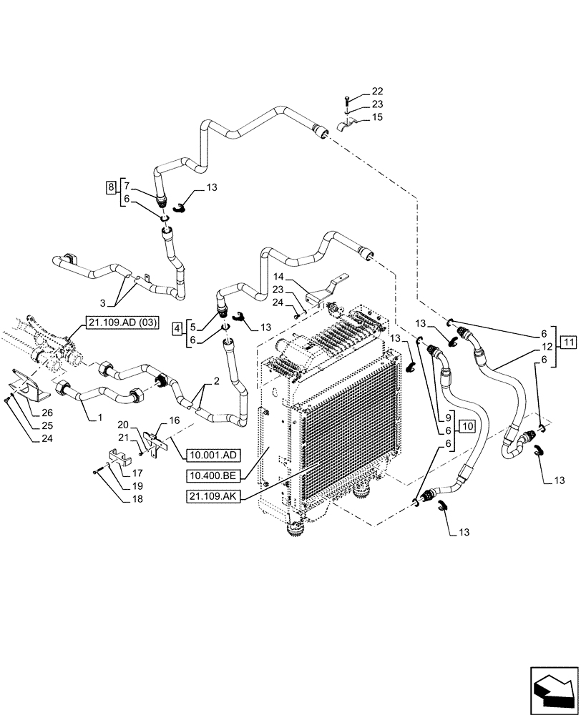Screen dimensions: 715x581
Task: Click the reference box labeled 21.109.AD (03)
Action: pos(114,322)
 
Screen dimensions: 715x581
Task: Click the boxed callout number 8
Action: pos(110,188)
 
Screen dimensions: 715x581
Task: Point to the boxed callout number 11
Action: pos(567,342)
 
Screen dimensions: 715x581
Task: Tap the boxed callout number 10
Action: pos(467,427)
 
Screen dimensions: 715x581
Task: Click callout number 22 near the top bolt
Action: pos(377,92)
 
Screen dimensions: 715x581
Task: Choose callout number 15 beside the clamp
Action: pos(377,116)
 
